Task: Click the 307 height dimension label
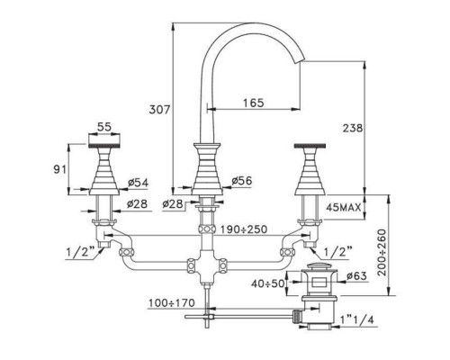coord(159,110)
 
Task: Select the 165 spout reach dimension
coord(254,103)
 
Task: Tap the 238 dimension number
coord(353,128)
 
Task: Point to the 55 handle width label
coord(104,127)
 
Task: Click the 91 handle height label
coord(59,170)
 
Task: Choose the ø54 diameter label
coord(138,183)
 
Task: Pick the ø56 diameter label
coord(242,181)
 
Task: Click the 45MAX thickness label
coord(344,208)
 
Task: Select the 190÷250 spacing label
coord(244,229)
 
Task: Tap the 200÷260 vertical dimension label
coord(382,252)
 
